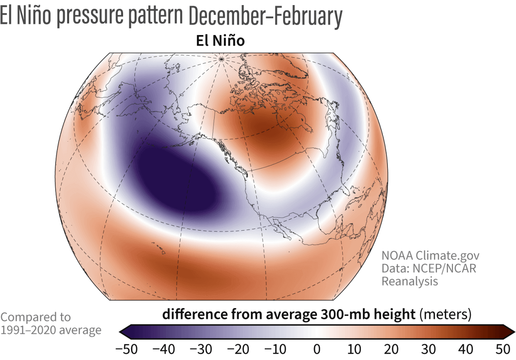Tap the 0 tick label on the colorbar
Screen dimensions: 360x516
[317, 349]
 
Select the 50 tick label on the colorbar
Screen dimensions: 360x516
[503, 349]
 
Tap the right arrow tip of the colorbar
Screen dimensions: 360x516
[514, 332]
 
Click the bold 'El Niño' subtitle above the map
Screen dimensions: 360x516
[220, 41]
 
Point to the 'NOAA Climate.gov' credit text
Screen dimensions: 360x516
[430, 255]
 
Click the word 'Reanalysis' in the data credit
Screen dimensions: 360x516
[410, 281]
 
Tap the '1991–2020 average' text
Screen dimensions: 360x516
[51, 330]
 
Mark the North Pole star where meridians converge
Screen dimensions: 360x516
[220, 59]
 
